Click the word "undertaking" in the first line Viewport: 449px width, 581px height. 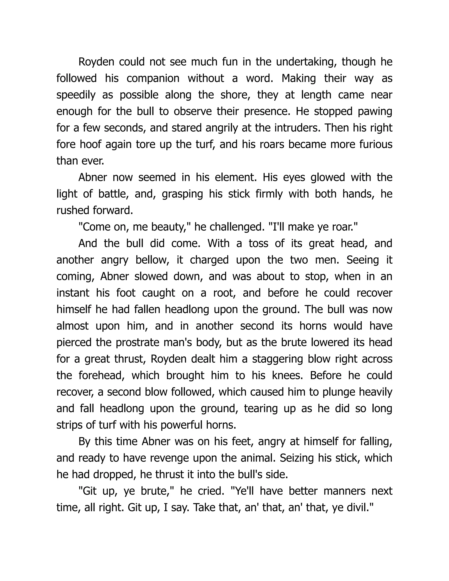pos(306,62)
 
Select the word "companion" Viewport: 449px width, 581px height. pos(153,78)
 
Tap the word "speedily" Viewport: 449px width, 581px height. pos(76,95)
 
